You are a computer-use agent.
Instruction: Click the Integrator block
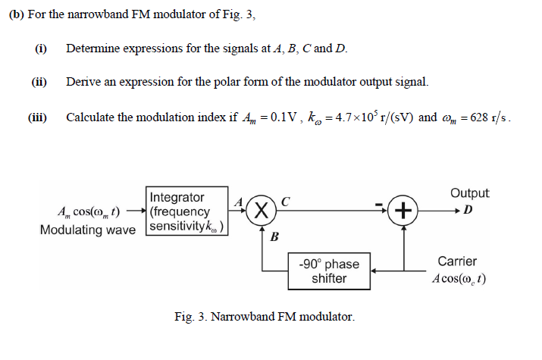click(x=186, y=211)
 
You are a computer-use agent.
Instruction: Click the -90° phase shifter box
click(x=329, y=271)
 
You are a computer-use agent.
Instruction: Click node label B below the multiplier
click(x=274, y=237)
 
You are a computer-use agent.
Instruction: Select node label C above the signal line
click(x=285, y=201)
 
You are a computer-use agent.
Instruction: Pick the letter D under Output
click(x=468, y=209)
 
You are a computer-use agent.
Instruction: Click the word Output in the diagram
click(x=469, y=193)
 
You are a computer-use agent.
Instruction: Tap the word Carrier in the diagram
click(x=457, y=261)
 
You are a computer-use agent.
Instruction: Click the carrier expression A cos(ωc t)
click(x=459, y=278)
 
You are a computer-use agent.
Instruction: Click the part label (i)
click(x=41, y=49)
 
